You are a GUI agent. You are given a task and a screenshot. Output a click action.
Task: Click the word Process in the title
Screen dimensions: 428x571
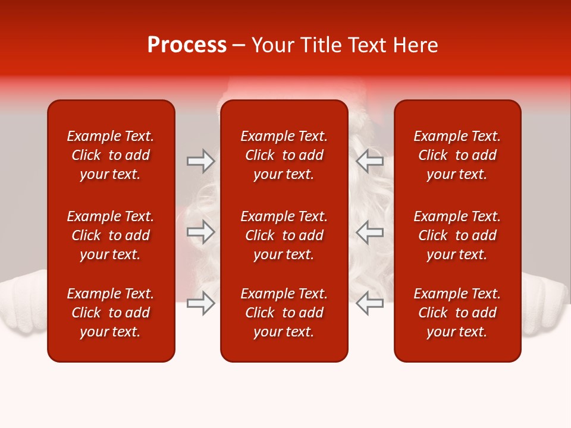tap(187, 45)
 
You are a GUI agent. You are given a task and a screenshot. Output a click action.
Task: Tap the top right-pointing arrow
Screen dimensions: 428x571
tap(200, 160)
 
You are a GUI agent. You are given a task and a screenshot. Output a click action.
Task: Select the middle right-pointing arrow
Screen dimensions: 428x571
tap(200, 232)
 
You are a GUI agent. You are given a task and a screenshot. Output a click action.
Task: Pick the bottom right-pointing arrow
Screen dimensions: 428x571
tap(200, 304)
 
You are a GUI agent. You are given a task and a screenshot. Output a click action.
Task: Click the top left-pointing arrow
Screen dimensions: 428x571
tap(370, 160)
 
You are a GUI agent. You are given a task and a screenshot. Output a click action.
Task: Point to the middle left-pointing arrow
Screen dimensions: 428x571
tap(370, 232)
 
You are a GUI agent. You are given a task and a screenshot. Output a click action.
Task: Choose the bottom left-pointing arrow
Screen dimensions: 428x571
tap(370, 304)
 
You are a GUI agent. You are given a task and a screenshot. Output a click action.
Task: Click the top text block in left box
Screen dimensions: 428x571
tap(111, 155)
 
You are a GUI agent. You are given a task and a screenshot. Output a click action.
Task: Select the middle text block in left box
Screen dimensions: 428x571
tap(111, 235)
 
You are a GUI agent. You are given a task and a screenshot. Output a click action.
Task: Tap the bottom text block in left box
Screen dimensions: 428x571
tap(111, 313)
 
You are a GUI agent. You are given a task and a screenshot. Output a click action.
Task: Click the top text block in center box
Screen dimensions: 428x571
tap(284, 155)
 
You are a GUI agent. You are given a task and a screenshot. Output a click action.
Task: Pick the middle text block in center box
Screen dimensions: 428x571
tap(284, 235)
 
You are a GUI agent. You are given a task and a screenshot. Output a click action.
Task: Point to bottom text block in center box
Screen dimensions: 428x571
tap(284, 313)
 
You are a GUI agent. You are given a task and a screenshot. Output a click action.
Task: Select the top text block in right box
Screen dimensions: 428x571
tap(457, 155)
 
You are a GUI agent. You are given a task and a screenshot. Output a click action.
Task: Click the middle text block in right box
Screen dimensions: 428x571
tap(457, 235)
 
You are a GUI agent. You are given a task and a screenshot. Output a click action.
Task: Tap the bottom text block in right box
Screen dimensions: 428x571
tap(457, 313)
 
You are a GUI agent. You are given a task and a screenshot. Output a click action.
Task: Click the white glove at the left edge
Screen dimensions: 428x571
tap(23, 303)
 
